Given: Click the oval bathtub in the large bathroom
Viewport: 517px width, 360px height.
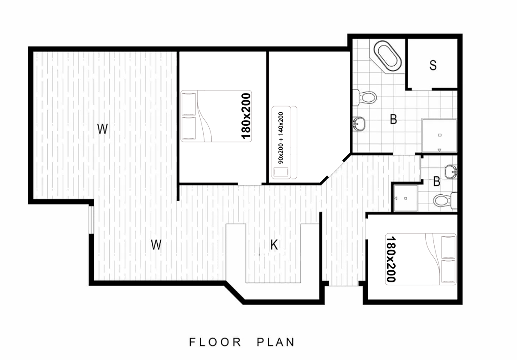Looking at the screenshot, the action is click(388, 56).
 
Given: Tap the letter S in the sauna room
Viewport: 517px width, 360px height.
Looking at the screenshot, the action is click(433, 65).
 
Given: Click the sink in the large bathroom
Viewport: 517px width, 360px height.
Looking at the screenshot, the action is click(359, 124).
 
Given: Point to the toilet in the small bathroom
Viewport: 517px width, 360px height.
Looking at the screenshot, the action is click(445, 200).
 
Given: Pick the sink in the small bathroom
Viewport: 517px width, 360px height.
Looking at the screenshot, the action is click(451, 172).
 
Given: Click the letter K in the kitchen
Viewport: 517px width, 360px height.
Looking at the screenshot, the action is click(274, 245).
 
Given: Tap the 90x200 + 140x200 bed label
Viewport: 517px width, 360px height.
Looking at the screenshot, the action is click(281, 138).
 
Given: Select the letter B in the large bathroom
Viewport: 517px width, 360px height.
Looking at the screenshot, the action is click(394, 119).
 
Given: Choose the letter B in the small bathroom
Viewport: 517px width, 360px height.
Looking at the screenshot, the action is click(437, 182).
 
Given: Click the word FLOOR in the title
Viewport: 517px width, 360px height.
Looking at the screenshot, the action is click(215, 342).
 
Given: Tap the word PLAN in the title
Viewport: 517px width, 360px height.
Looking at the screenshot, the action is click(276, 342).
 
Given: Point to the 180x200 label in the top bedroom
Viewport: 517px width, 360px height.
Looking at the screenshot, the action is click(246, 116).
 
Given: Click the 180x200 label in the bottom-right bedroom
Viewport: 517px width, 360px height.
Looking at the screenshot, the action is click(391, 259).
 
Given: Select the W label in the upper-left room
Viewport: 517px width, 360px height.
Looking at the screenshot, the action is click(102, 129).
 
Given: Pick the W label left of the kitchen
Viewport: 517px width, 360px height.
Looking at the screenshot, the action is click(156, 245).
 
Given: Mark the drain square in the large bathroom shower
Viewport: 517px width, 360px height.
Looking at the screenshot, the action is click(440, 135).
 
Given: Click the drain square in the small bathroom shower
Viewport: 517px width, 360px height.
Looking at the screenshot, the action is click(406, 198).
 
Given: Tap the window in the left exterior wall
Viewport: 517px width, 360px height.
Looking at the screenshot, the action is click(91, 220).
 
